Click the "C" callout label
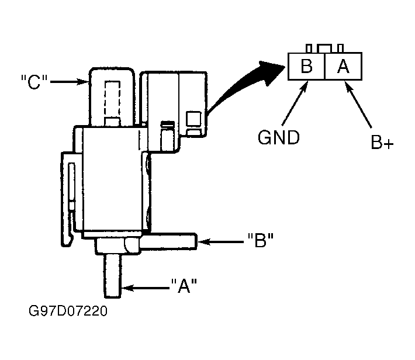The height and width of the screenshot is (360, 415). [x=34, y=82]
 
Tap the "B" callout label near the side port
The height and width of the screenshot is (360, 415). [x=261, y=240]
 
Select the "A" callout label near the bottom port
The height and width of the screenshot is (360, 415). [x=184, y=286]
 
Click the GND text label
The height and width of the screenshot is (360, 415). [x=278, y=137]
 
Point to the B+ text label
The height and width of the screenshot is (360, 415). [x=382, y=142]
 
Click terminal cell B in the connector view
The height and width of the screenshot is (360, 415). [x=306, y=66]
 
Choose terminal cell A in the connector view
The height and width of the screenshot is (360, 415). [x=343, y=66]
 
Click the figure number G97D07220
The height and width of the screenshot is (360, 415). [x=68, y=311]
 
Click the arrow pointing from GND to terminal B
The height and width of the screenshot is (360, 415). [x=295, y=103]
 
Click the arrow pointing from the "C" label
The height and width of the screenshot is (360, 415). [x=70, y=82]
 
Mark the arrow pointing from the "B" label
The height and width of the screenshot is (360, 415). [x=220, y=242]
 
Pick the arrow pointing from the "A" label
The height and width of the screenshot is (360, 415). [x=146, y=288]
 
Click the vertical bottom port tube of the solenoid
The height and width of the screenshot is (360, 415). [x=112, y=276]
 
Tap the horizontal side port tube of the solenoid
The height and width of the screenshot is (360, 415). [x=168, y=241]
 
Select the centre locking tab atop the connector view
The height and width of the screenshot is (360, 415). [x=324, y=49]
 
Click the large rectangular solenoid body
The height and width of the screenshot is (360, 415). [x=112, y=179]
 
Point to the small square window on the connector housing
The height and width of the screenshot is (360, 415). [x=193, y=119]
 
